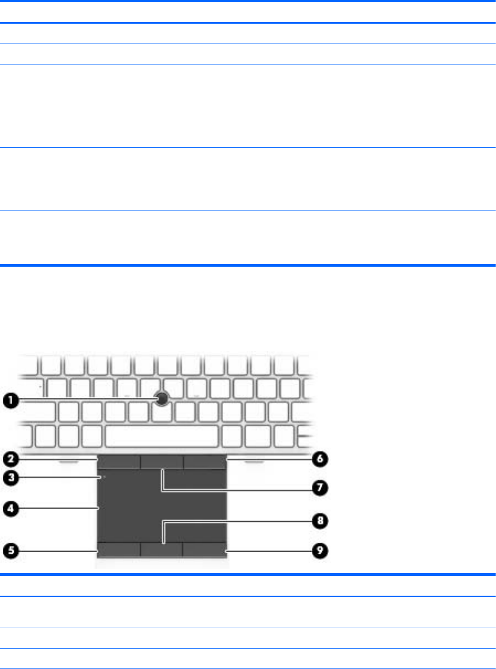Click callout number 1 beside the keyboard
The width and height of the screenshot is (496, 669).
(10, 402)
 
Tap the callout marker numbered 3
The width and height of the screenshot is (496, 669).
(10, 478)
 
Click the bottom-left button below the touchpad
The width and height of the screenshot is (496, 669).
(118, 549)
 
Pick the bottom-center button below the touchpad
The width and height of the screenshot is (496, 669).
(161, 549)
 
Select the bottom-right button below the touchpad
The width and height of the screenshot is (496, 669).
(204, 549)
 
